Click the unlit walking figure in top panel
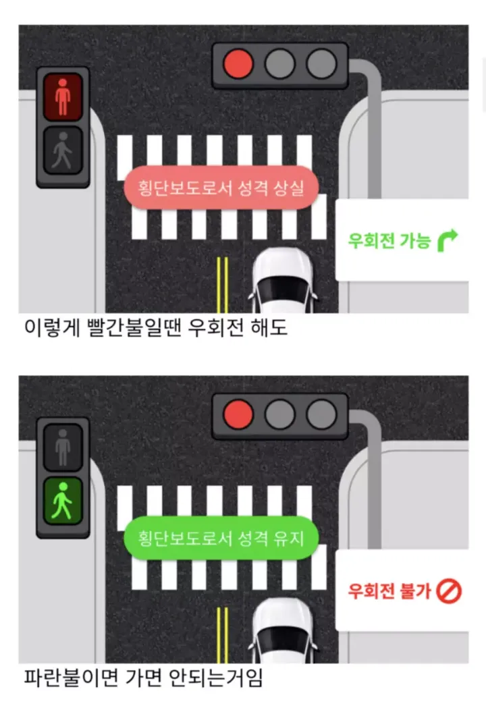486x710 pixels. (x=63, y=151)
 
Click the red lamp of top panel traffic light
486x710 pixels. (x=238, y=65)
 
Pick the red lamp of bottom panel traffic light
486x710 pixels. (x=238, y=414)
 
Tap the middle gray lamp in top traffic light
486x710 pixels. (x=279, y=65)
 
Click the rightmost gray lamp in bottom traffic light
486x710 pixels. (x=321, y=414)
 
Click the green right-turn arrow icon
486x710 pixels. (x=447, y=240)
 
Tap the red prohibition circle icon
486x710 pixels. (x=448, y=591)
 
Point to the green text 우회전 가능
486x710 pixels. (x=389, y=240)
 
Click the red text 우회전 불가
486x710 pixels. (x=389, y=591)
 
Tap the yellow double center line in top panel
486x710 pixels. (x=222, y=283)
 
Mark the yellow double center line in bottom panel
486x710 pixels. (x=222, y=634)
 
